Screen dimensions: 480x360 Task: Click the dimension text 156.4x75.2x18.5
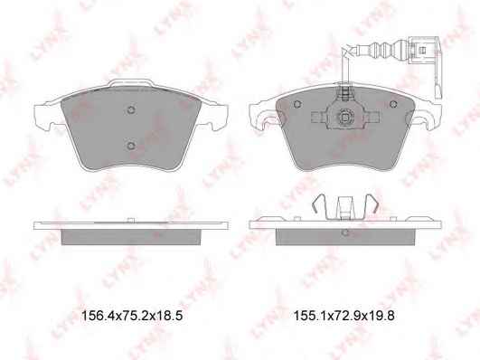(x=132, y=316)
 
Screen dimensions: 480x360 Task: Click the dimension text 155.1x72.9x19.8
(x=344, y=316)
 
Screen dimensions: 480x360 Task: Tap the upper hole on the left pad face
(x=131, y=110)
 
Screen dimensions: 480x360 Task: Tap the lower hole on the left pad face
(x=131, y=146)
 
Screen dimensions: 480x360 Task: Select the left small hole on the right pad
(x=297, y=105)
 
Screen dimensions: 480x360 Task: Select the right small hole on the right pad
(x=393, y=105)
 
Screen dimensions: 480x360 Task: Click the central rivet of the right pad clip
(x=345, y=118)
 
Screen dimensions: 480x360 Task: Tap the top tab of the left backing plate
(x=131, y=81)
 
